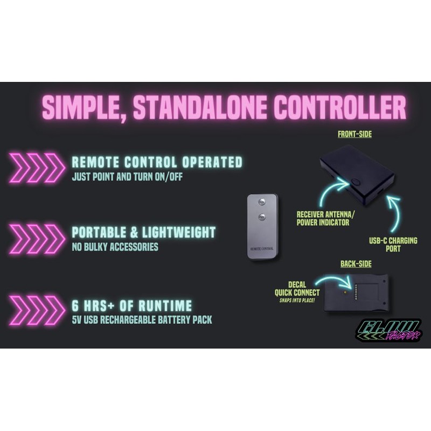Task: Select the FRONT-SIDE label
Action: point(354,134)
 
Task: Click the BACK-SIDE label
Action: point(356,263)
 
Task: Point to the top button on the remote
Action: point(262,201)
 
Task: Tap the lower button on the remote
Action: point(262,217)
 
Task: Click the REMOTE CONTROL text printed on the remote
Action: point(262,249)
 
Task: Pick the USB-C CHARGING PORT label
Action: point(393,245)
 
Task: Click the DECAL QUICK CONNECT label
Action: point(297,289)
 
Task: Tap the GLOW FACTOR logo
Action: point(388,330)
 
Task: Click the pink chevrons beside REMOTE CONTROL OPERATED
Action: point(37,168)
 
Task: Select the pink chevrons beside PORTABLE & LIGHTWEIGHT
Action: point(37,239)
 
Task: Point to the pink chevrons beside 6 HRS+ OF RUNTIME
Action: point(37,310)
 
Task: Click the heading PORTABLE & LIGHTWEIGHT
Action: point(143,233)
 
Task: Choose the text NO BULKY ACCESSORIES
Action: point(115,247)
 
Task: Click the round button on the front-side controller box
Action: point(356,182)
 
